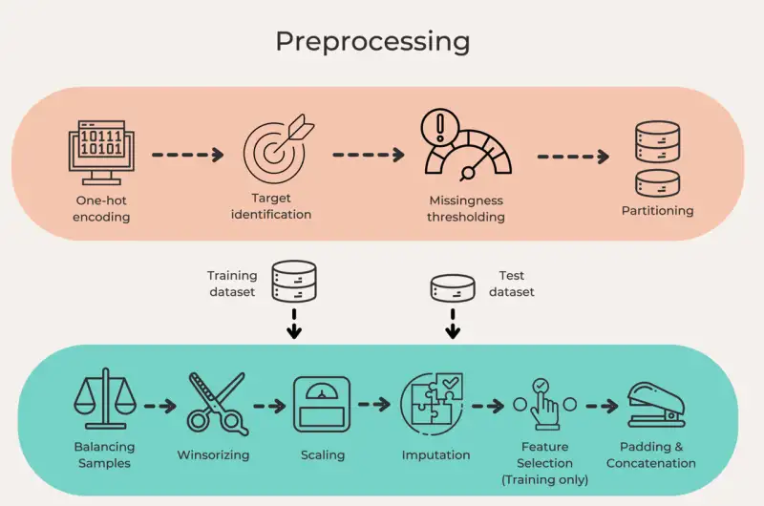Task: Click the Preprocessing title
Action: click(372, 42)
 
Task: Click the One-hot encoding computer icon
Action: click(101, 152)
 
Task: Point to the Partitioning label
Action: click(657, 210)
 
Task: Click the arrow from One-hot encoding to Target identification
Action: click(188, 154)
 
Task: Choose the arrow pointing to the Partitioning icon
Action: click(573, 156)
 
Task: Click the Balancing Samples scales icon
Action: click(105, 398)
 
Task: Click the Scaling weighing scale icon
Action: click(322, 405)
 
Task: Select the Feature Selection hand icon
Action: click(544, 403)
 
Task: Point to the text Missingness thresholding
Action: click(466, 208)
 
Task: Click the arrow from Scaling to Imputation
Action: click(375, 404)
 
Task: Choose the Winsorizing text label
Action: click(213, 454)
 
